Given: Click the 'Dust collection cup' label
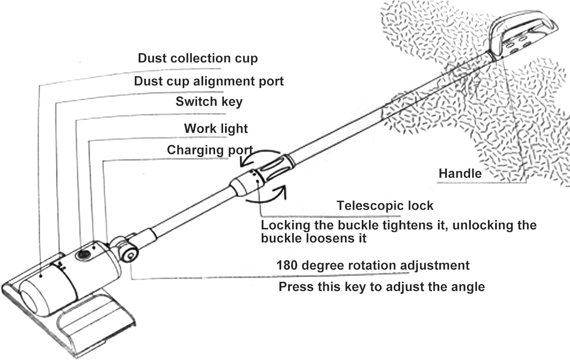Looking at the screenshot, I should tap(198, 58).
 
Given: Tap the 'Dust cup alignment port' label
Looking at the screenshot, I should tap(209, 81).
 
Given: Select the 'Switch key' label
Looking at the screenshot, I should tap(209, 101).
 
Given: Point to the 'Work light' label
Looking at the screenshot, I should tap(216, 128).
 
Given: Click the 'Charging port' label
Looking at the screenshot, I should tap(210, 150).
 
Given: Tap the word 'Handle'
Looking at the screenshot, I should tap(460, 173).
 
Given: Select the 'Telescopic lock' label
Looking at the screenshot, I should tap(385, 206).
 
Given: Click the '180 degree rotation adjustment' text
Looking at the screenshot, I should tap(373, 265).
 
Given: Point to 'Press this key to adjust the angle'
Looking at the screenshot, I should tap(382, 287).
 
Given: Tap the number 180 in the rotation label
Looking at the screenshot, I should tap(287, 265).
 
